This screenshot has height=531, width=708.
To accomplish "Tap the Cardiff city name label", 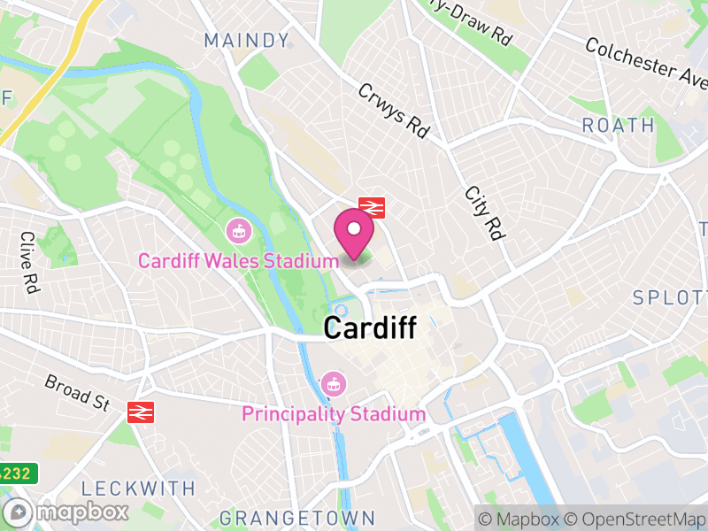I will pos(369,328).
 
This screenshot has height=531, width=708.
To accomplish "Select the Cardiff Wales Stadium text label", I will pos(238,261).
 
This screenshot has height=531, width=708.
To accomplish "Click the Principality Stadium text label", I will pos(334,413).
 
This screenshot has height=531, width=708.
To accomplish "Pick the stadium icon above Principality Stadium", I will pos(334,384).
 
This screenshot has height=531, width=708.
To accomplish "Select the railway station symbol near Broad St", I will pos(140,412).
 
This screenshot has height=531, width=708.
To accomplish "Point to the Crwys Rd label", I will pos(393,111).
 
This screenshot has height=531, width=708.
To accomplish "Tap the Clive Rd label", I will pos(29,262).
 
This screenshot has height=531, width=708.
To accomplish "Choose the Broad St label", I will pos(78,391).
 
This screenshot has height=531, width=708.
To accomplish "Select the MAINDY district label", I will pos(247,41).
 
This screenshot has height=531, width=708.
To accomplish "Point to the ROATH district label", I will pos(618,126).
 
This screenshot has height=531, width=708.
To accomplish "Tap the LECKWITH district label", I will pos(137,488).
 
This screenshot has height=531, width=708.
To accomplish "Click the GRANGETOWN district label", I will pos(296,518).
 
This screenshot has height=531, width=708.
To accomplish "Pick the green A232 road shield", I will pos(15,473).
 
